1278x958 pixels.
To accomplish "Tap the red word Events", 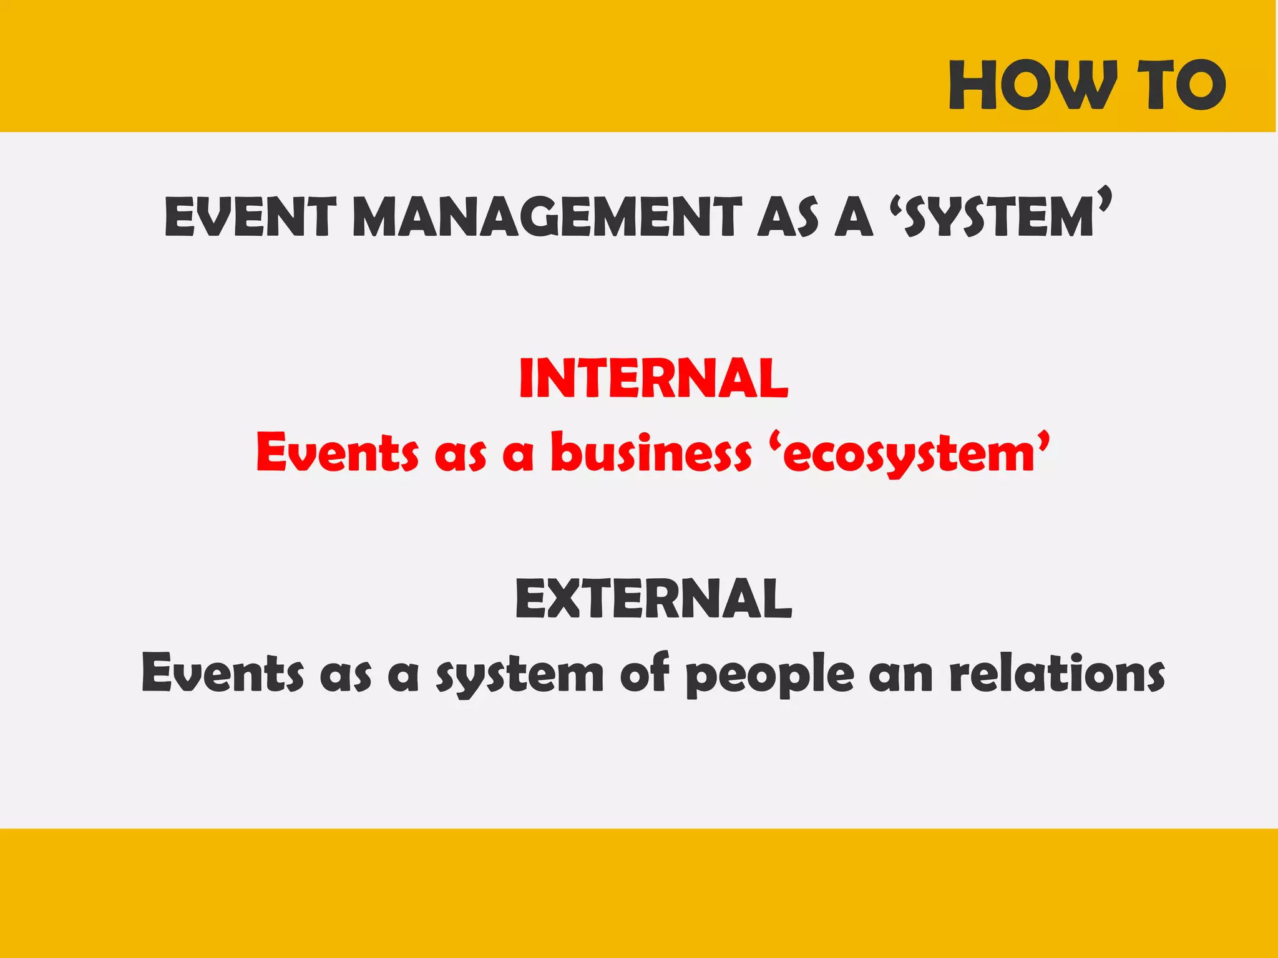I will click(x=338, y=452).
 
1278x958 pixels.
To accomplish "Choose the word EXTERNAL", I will click(x=653, y=598).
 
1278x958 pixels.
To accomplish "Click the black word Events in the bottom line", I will click(x=223, y=673).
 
